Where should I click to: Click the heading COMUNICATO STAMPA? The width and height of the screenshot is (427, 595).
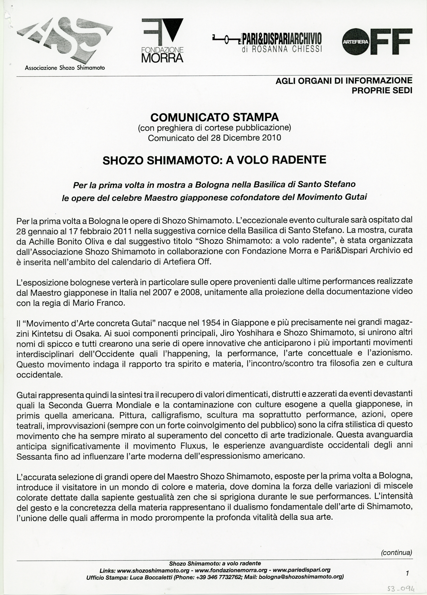point(215,117)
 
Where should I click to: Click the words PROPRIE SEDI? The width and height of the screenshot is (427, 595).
point(382,90)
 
